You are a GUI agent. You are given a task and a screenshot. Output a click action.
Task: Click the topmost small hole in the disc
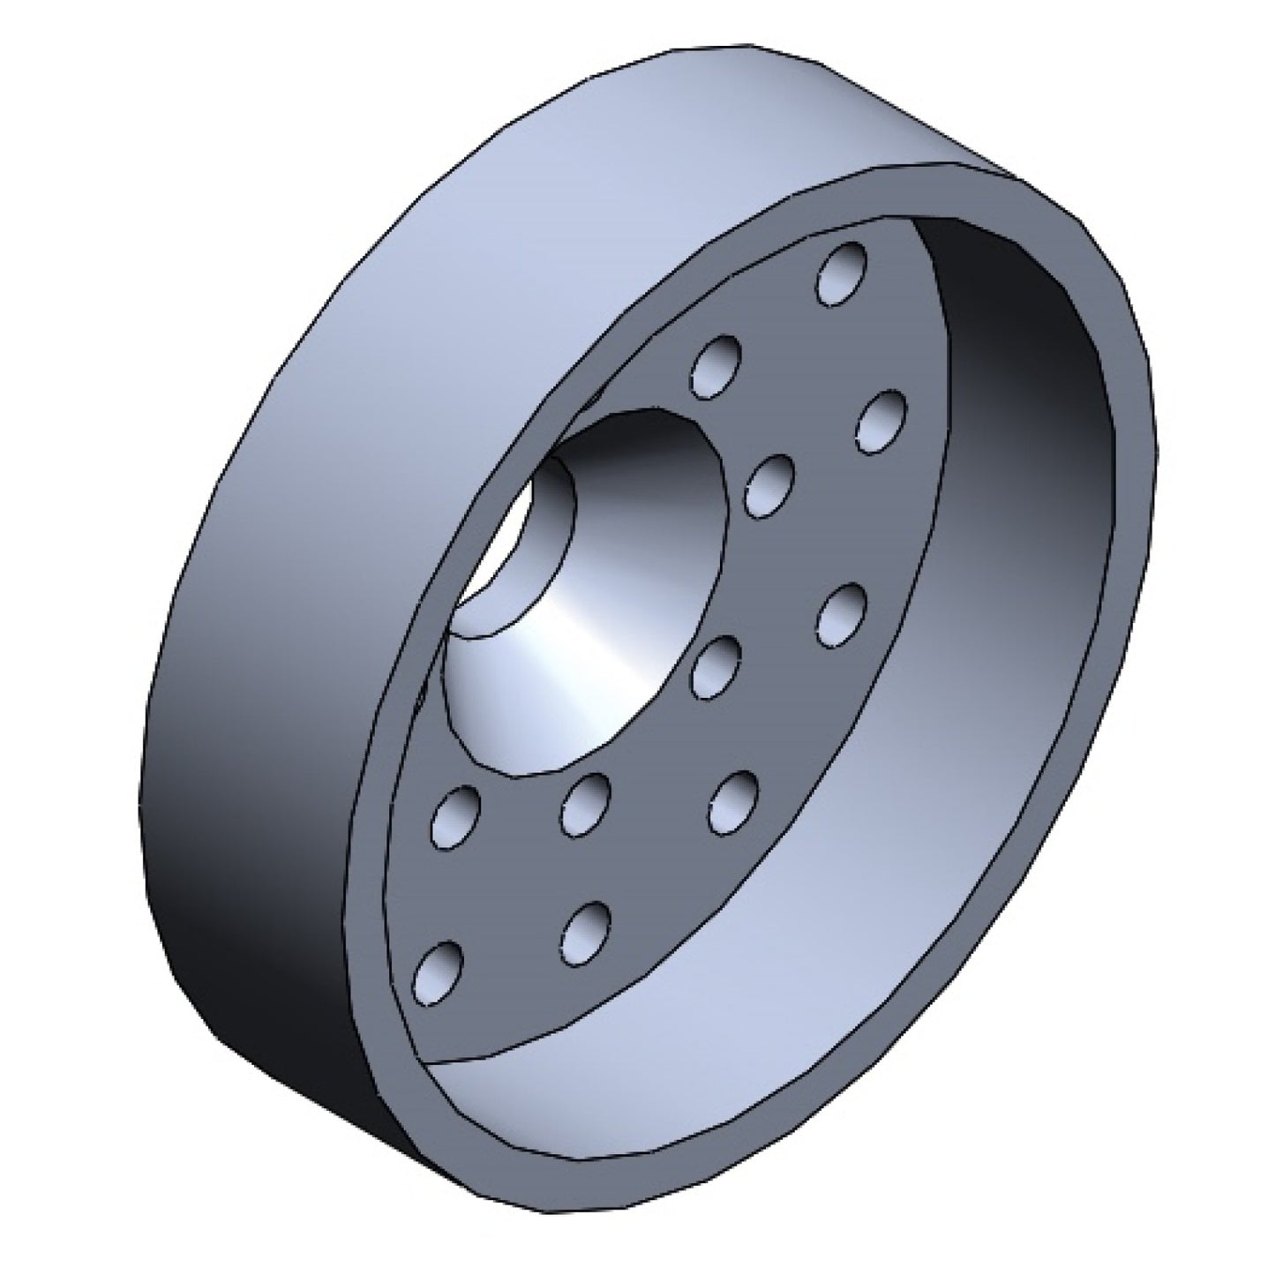point(842,274)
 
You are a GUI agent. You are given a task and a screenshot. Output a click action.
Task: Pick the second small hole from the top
point(716,366)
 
